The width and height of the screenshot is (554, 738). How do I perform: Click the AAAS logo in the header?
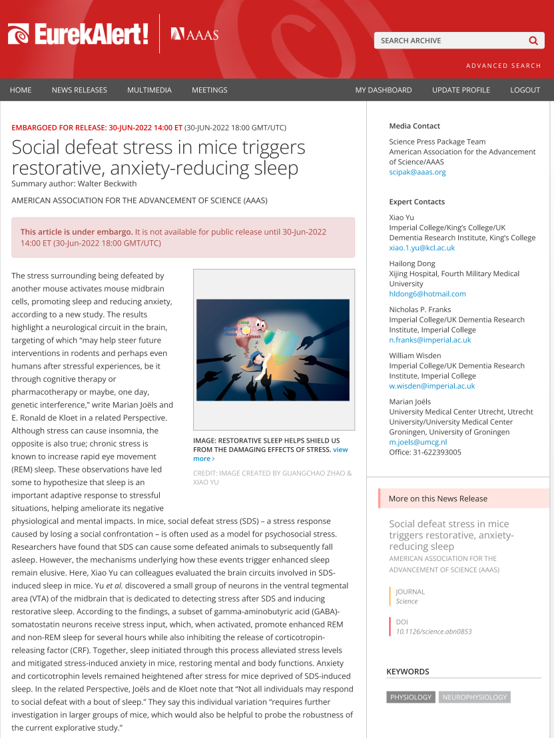[x=194, y=34]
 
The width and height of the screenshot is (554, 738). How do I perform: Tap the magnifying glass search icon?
[x=533, y=41]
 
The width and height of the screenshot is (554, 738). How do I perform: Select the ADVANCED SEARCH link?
[x=503, y=66]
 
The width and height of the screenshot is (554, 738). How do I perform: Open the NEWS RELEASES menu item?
[x=79, y=90]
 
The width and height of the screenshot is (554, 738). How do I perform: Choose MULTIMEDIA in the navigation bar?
[x=149, y=90]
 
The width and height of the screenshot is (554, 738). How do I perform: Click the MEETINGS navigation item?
[x=209, y=90]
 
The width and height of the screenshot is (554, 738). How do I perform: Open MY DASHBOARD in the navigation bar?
[x=383, y=90]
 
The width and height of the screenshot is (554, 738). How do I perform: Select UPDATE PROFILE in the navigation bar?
[x=461, y=90]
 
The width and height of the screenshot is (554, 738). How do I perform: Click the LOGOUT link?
[x=525, y=90]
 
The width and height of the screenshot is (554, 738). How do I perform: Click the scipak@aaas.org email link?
[x=417, y=172]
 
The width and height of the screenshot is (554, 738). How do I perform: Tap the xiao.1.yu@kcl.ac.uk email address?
[x=422, y=248]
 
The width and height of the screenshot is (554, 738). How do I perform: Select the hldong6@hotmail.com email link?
[x=427, y=293]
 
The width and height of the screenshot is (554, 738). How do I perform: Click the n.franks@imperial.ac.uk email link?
[x=429, y=339]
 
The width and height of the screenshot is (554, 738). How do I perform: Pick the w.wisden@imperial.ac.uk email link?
[x=431, y=386]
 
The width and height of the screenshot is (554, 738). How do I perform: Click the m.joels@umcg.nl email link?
[x=417, y=442]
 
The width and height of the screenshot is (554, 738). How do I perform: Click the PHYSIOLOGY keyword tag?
[x=411, y=697]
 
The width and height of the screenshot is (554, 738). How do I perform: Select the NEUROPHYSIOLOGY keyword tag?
[x=475, y=697]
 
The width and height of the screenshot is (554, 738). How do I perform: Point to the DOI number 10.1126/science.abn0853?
[x=433, y=632]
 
